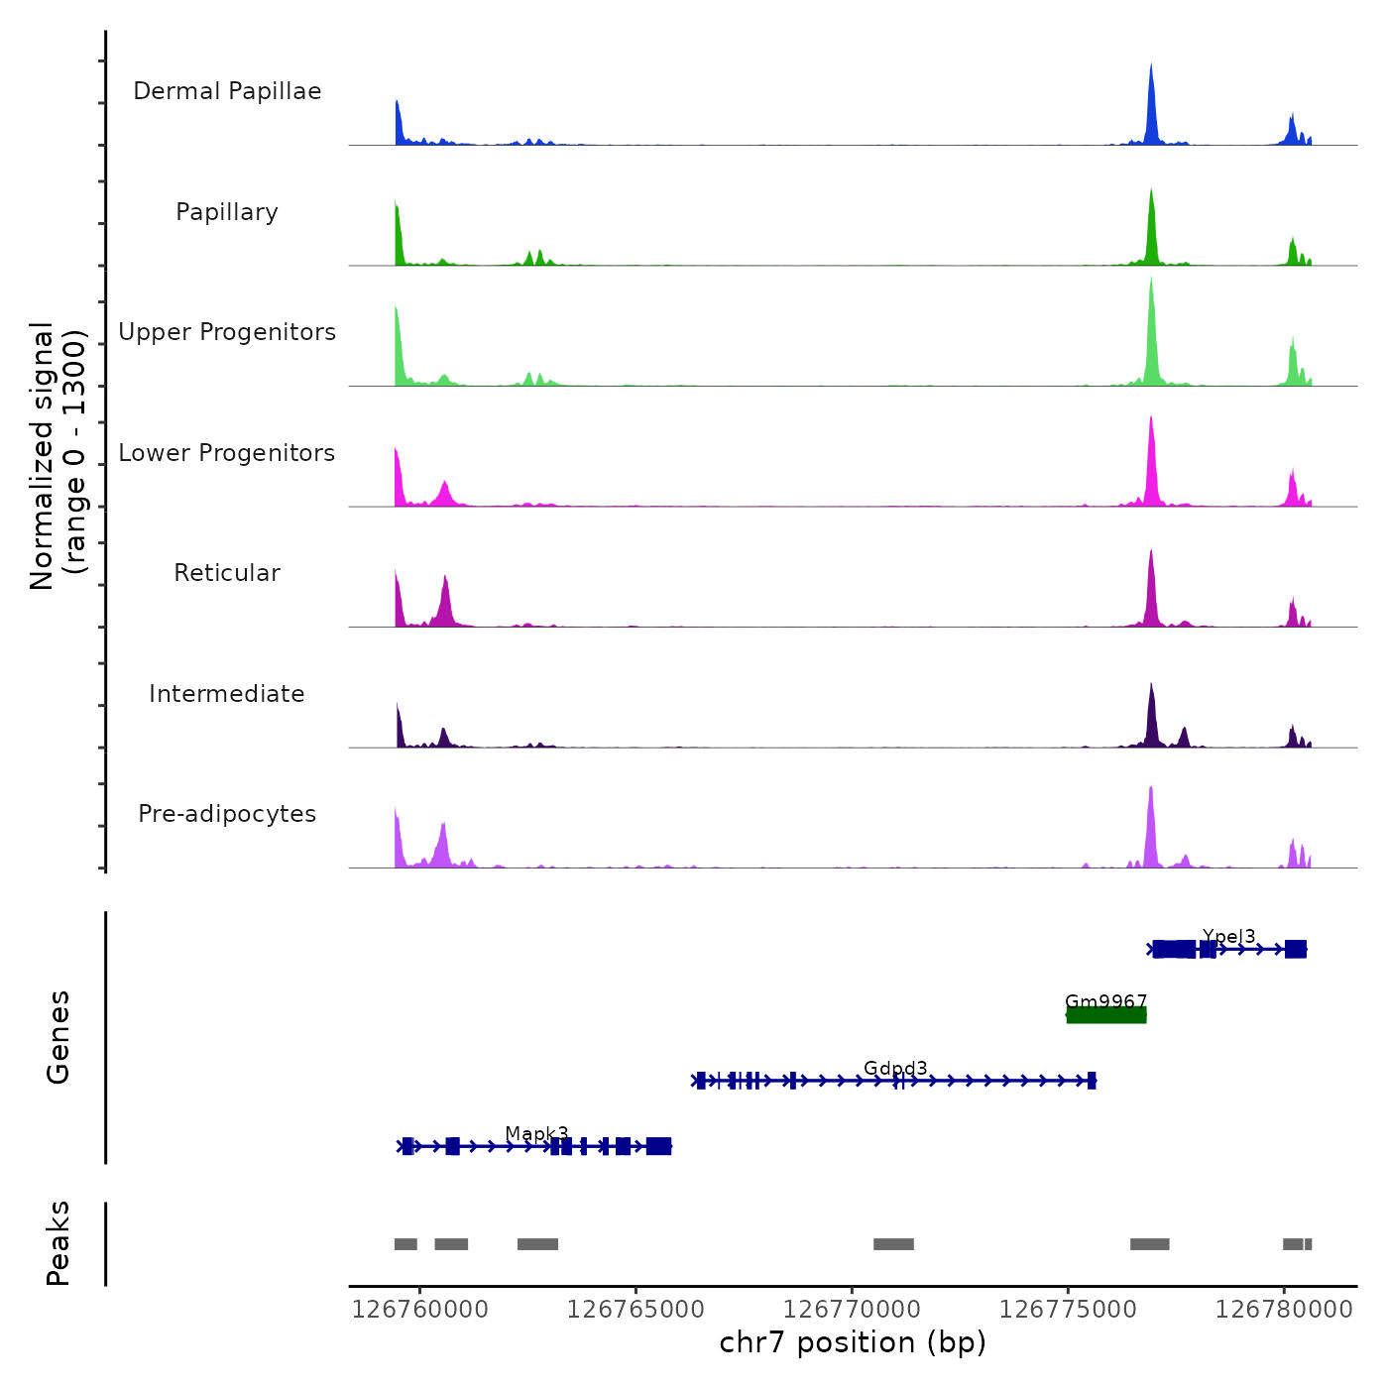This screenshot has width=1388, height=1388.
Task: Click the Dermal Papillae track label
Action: [227, 91]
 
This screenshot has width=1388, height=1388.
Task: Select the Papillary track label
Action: [227, 212]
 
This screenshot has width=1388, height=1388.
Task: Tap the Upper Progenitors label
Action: [227, 332]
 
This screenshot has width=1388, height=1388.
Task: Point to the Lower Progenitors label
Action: [227, 453]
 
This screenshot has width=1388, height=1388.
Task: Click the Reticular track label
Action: [227, 573]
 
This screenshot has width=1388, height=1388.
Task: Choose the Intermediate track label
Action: [227, 694]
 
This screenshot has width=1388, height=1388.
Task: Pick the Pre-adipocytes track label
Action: [227, 814]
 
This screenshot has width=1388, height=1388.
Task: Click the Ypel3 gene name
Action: [1228, 936]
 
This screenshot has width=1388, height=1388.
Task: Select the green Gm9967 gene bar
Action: [1106, 1015]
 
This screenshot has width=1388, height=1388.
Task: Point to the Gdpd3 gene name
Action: [895, 1068]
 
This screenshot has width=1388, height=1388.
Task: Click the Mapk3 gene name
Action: [536, 1133]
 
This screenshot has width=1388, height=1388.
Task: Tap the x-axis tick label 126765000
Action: [636, 1310]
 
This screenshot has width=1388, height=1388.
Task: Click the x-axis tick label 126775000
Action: [1068, 1310]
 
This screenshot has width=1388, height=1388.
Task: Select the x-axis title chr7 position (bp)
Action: [853, 1342]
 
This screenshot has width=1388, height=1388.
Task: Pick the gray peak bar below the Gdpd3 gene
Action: [893, 1244]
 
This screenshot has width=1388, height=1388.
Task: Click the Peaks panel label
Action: [58, 1243]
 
